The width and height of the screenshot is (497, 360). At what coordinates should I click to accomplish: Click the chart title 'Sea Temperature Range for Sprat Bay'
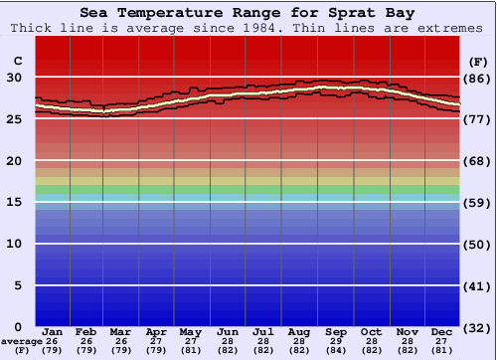click(248, 13)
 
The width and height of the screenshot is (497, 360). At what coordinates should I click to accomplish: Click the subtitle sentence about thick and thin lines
click(248, 28)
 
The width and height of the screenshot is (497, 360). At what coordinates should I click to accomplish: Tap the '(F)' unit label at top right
click(476, 62)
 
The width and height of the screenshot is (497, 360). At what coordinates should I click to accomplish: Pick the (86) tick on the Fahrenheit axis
click(476, 78)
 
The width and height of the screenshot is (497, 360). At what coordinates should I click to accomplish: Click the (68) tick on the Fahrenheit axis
click(476, 161)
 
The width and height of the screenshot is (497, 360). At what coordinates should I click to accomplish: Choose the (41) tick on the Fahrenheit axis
click(476, 286)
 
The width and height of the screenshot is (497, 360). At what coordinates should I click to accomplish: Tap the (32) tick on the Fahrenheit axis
click(476, 327)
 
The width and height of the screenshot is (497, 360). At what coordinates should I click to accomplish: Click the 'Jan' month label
click(54, 331)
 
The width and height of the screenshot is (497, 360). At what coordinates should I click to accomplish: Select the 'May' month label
click(190, 331)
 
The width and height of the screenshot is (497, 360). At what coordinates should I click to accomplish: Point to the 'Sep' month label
click(336, 331)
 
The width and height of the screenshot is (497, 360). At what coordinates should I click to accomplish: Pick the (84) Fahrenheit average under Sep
click(336, 350)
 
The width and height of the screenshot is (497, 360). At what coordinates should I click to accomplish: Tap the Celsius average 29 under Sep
click(336, 341)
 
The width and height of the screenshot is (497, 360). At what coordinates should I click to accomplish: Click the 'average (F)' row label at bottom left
click(19, 346)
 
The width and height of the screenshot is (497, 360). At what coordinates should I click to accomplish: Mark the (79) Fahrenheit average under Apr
click(155, 350)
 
